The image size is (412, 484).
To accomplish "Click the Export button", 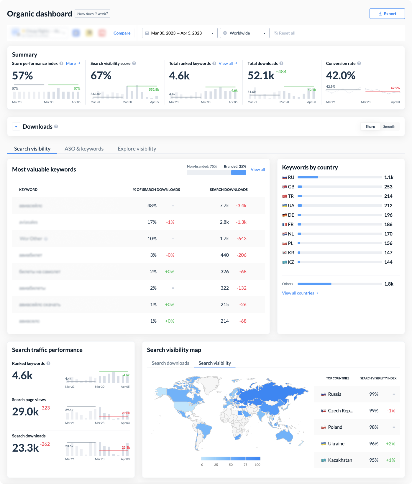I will click(x=387, y=14).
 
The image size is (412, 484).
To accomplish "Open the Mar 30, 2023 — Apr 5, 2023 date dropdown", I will click(x=180, y=33).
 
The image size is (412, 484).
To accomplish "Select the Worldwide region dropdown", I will click(x=244, y=33).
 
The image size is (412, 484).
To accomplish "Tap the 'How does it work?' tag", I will click(x=92, y=14).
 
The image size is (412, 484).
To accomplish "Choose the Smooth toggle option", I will click(x=389, y=127).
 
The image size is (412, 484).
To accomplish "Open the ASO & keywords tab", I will click(x=84, y=149).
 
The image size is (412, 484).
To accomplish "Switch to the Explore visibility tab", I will click(x=137, y=149).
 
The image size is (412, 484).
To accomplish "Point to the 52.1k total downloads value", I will click(x=261, y=76).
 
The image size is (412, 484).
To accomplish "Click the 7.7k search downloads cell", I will click(x=224, y=205).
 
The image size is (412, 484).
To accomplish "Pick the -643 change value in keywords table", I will click(x=242, y=238).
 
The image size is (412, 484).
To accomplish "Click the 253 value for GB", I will click(x=388, y=187).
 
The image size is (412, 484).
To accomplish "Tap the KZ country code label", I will click(x=291, y=262).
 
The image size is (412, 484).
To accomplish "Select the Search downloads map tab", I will click(x=170, y=363).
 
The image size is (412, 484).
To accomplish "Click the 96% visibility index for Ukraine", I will click(x=374, y=444).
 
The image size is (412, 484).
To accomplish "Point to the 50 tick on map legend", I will click(x=231, y=465).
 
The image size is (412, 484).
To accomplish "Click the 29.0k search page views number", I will click(x=25, y=412).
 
